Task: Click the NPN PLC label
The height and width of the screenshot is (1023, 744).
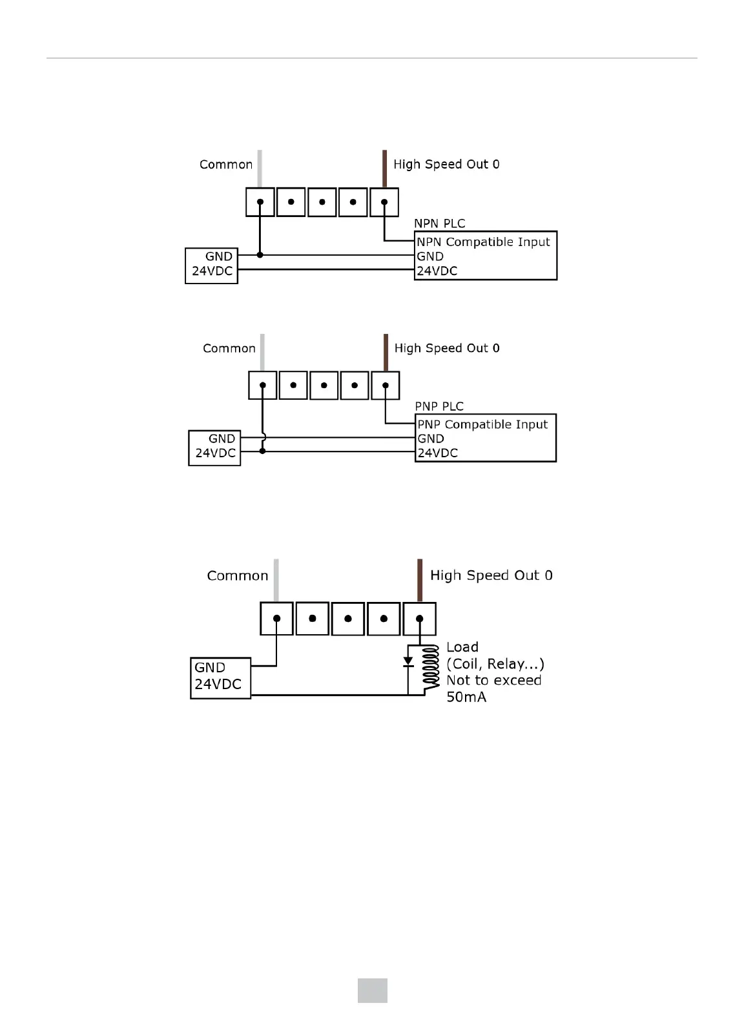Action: click(x=439, y=223)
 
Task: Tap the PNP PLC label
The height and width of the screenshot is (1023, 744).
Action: click(x=439, y=406)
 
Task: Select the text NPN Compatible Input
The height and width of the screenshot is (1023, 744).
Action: click(x=483, y=242)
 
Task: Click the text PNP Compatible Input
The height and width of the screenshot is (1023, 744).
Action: click(x=482, y=424)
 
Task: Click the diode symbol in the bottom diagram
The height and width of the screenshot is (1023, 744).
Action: click(x=408, y=662)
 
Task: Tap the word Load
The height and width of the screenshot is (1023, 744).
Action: click(x=462, y=647)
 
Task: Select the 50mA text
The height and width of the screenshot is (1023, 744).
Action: click(x=466, y=697)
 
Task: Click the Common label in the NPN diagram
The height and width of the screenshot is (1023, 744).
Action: click(x=226, y=165)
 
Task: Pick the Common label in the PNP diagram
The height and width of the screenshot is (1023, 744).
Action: click(x=229, y=349)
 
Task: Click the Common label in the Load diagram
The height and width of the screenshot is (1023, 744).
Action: click(x=237, y=575)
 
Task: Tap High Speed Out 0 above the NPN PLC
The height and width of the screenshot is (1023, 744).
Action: click(x=446, y=165)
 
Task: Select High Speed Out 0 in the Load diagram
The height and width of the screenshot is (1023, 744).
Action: click(x=491, y=575)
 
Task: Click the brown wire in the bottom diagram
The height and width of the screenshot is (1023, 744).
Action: click(x=420, y=579)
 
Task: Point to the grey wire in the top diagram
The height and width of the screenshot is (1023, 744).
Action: click(x=260, y=168)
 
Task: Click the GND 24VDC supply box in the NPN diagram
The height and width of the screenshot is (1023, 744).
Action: click(x=211, y=265)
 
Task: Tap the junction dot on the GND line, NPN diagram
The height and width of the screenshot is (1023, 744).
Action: click(x=260, y=255)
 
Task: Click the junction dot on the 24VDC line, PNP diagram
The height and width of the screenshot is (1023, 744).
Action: click(x=262, y=451)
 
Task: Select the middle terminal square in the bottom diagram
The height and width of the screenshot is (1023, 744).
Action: click(x=348, y=619)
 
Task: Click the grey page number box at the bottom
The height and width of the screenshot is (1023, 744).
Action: click(x=373, y=991)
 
